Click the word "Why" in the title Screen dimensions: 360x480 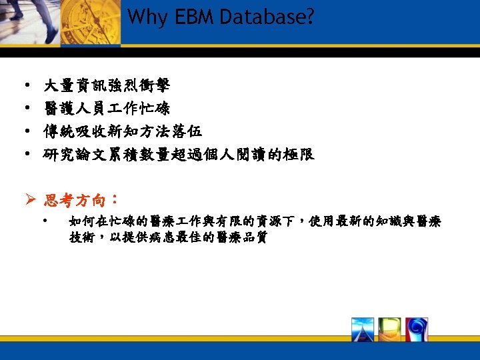pyautogui.click(x=143, y=17)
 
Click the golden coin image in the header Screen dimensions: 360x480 pyautogui.click(x=93, y=21)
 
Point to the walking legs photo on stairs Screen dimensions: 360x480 pyautogui.click(x=30, y=20)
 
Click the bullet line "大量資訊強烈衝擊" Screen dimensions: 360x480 pyautogui.click(x=107, y=85)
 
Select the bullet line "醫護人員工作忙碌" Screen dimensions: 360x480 pyautogui.click(x=107, y=109)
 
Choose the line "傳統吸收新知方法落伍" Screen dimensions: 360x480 pyautogui.click(x=123, y=131)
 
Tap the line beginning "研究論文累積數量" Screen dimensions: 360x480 pyautogui.click(x=179, y=155)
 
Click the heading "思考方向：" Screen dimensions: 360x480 pyautogui.click(x=81, y=200)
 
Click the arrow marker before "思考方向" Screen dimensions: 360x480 pyautogui.click(x=31, y=200)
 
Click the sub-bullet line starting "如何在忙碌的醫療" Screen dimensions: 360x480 pyautogui.click(x=255, y=221)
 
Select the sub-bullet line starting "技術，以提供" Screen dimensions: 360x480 pyautogui.click(x=168, y=238)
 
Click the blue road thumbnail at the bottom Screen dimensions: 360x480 pyautogui.click(x=363, y=329)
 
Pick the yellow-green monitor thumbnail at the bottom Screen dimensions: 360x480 pyautogui.click(x=389, y=329)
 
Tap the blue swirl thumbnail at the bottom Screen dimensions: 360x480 pyautogui.click(x=416, y=329)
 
